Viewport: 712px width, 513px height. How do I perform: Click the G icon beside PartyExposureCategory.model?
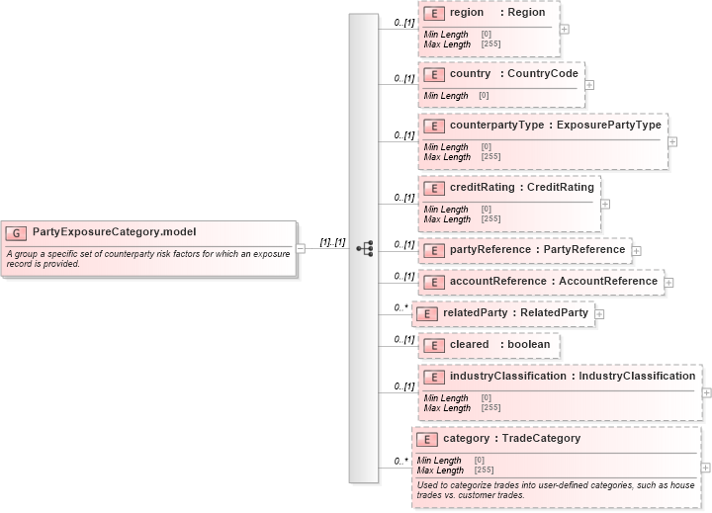point(16,232)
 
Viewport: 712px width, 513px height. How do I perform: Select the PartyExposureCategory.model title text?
point(114,232)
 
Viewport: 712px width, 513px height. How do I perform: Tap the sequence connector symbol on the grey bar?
point(364,248)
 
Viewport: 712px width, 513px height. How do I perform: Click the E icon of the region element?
point(433,13)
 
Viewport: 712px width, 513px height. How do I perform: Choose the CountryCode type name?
point(543,74)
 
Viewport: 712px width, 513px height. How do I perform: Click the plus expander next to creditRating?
point(605,204)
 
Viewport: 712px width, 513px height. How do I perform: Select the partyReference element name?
point(490,250)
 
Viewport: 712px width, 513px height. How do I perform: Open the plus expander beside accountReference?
point(669,282)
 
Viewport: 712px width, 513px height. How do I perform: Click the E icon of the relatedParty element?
point(426,313)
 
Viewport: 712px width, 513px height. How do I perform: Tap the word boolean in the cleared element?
point(529,345)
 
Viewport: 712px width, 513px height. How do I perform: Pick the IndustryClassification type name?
point(637,377)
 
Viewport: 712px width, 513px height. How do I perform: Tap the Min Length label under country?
point(446,96)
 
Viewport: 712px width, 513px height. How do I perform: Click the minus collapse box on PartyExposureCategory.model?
point(301,249)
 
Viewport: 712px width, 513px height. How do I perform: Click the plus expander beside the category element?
point(705,467)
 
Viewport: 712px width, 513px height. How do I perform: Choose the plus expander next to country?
point(589,84)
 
